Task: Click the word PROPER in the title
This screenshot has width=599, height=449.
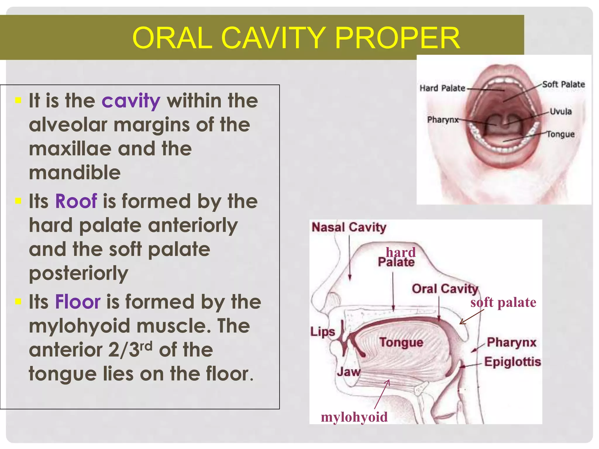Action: tap(397, 38)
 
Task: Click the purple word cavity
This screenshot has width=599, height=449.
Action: tap(131, 101)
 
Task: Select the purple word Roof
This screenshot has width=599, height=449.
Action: tap(76, 201)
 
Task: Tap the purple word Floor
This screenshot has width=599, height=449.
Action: tap(78, 302)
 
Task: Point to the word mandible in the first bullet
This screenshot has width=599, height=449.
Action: tap(75, 173)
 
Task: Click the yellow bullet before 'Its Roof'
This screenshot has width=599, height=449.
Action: tap(18, 201)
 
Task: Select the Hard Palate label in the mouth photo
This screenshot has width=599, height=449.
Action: tap(442, 88)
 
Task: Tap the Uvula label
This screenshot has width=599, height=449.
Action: tap(560, 111)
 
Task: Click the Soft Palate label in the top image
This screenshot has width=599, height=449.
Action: tap(563, 84)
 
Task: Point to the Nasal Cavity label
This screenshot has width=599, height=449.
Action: tap(349, 227)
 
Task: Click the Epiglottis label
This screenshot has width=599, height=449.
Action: tap(512, 362)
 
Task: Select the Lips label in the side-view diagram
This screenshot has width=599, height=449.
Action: tap(322, 332)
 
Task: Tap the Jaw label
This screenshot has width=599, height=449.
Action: tap(348, 372)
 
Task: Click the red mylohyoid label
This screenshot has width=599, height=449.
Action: tap(354, 417)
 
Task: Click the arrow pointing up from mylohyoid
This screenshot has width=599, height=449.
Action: tap(382, 394)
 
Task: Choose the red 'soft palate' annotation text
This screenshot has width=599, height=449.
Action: tap(503, 303)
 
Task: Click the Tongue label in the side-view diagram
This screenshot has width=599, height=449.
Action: tap(401, 342)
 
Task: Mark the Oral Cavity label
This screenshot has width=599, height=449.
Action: tap(445, 289)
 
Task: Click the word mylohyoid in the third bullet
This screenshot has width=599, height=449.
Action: tap(79, 326)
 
